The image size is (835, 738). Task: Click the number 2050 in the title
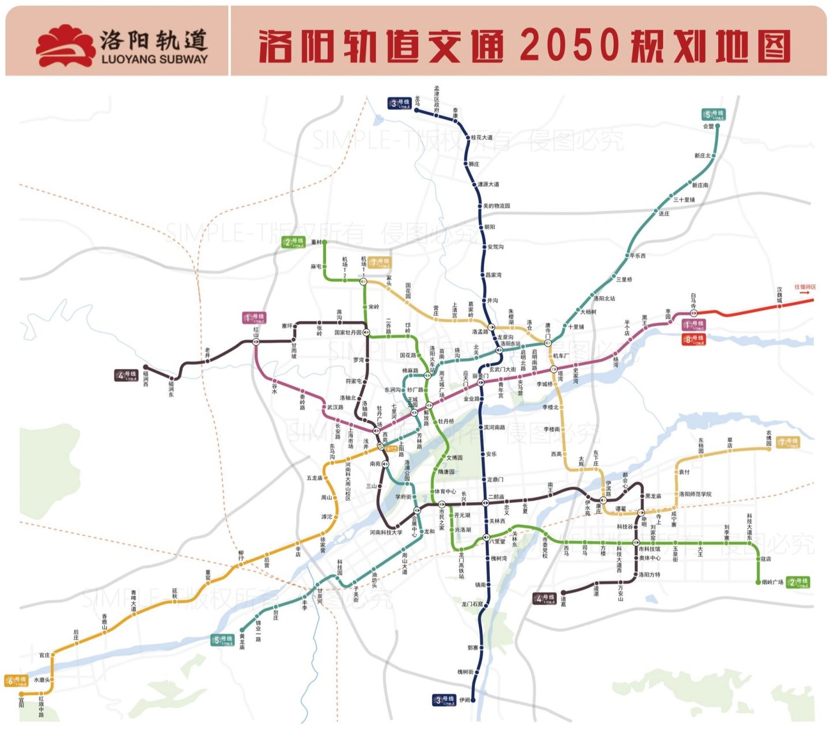[x=570, y=45]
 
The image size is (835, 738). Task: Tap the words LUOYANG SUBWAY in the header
[x=154, y=59]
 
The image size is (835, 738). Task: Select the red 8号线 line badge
[x=694, y=340]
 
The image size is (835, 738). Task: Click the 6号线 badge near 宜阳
[x=16, y=681]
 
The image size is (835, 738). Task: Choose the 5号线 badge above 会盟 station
[x=713, y=114]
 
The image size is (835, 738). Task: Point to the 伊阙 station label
[x=464, y=700]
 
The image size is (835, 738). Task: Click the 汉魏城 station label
[x=780, y=295]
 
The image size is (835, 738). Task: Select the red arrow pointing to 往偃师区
[x=805, y=293]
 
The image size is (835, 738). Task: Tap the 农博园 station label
[x=769, y=437]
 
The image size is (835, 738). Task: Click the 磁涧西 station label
[x=146, y=379]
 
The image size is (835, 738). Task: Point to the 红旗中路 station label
[x=41, y=707]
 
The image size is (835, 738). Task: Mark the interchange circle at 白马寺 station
[x=694, y=313]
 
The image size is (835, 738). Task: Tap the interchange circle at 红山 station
[x=256, y=341]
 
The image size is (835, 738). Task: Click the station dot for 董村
[x=324, y=242]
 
